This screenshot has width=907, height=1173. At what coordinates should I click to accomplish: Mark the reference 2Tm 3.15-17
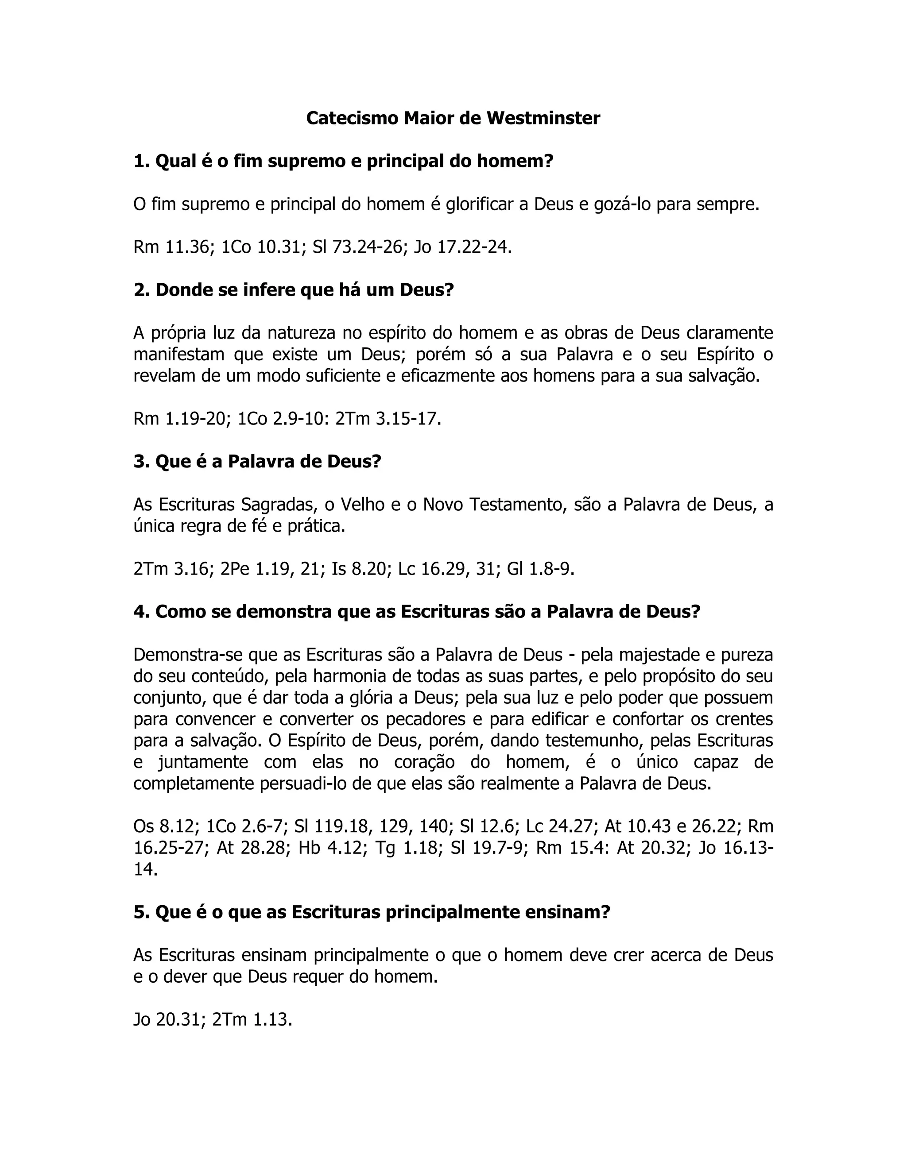point(388,419)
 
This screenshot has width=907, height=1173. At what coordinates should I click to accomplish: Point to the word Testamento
point(519,505)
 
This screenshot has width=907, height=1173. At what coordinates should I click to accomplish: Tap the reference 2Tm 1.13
point(252,1019)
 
